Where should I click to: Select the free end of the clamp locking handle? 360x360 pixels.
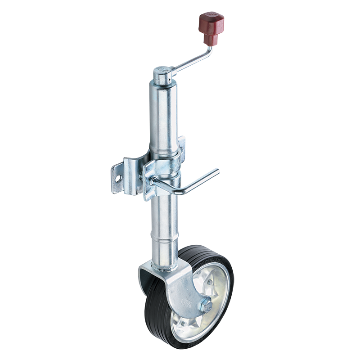217,170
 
